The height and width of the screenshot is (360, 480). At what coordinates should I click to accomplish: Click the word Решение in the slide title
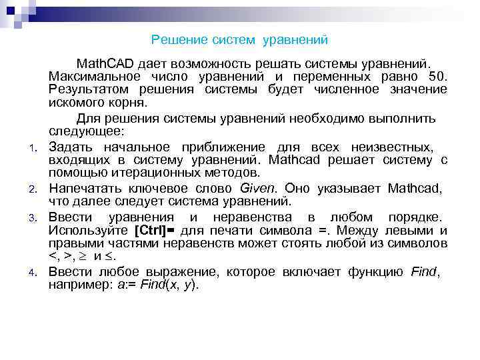[x=174, y=41]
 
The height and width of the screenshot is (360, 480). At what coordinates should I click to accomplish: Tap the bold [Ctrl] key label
[x=154, y=231]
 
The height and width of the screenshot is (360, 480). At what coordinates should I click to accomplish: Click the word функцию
[x=373, y=272]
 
